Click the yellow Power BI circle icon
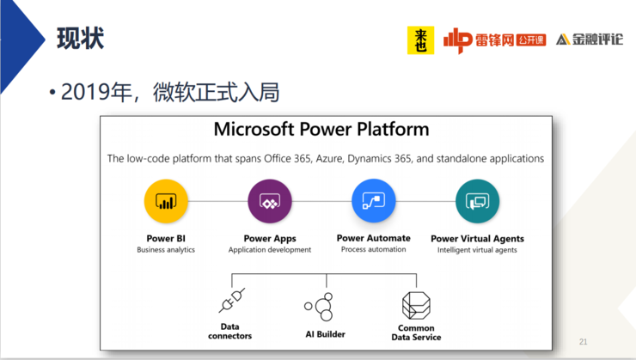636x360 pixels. (166, 201)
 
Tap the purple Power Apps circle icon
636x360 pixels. (270, 201)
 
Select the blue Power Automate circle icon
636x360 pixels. (374, 201)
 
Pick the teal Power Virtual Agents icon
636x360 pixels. (477, 201)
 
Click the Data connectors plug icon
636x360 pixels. (232, 301)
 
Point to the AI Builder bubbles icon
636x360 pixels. (319, 307)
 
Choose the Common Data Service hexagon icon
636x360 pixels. (416, 305)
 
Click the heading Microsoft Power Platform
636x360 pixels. (321, 130)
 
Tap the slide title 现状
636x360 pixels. (80, 39)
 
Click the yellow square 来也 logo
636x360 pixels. (420, 40)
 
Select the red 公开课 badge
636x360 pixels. (531, 40)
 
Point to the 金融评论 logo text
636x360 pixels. (597, 40)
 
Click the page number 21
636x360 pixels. (584, 342)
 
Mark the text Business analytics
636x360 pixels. (166, 250)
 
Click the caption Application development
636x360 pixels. (270, 250)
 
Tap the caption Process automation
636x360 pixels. (374, 249)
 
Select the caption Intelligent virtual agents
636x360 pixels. (477, 250)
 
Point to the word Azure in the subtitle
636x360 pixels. (329, 158)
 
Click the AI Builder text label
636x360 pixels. (325, 334)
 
